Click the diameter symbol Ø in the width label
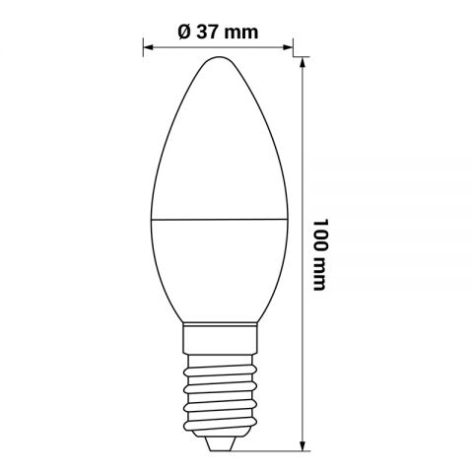point(185,31)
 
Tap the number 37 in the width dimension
point(210,31)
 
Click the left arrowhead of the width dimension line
point(150,46)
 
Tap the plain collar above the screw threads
point(219,341)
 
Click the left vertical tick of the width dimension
point(144,46)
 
